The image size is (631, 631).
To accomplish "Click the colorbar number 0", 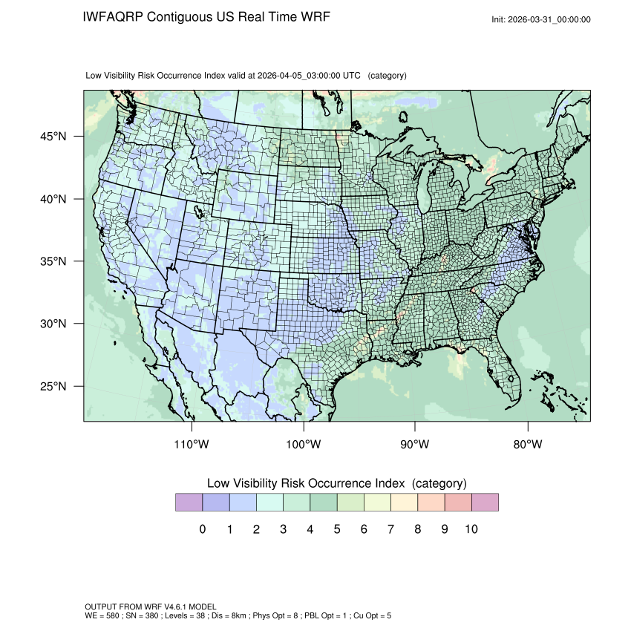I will coord(202,529).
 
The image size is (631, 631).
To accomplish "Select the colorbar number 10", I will coord(471,529).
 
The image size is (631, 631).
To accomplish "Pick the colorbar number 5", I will coord(336,529).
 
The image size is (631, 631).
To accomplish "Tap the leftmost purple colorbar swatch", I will coord(189,503).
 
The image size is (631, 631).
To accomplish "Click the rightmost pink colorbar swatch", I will coord(485,503).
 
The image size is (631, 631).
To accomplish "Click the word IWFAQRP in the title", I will coord(114,16).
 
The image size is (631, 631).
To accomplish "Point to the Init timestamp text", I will coord(541,19).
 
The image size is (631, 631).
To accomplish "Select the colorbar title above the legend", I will coord(336,483).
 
